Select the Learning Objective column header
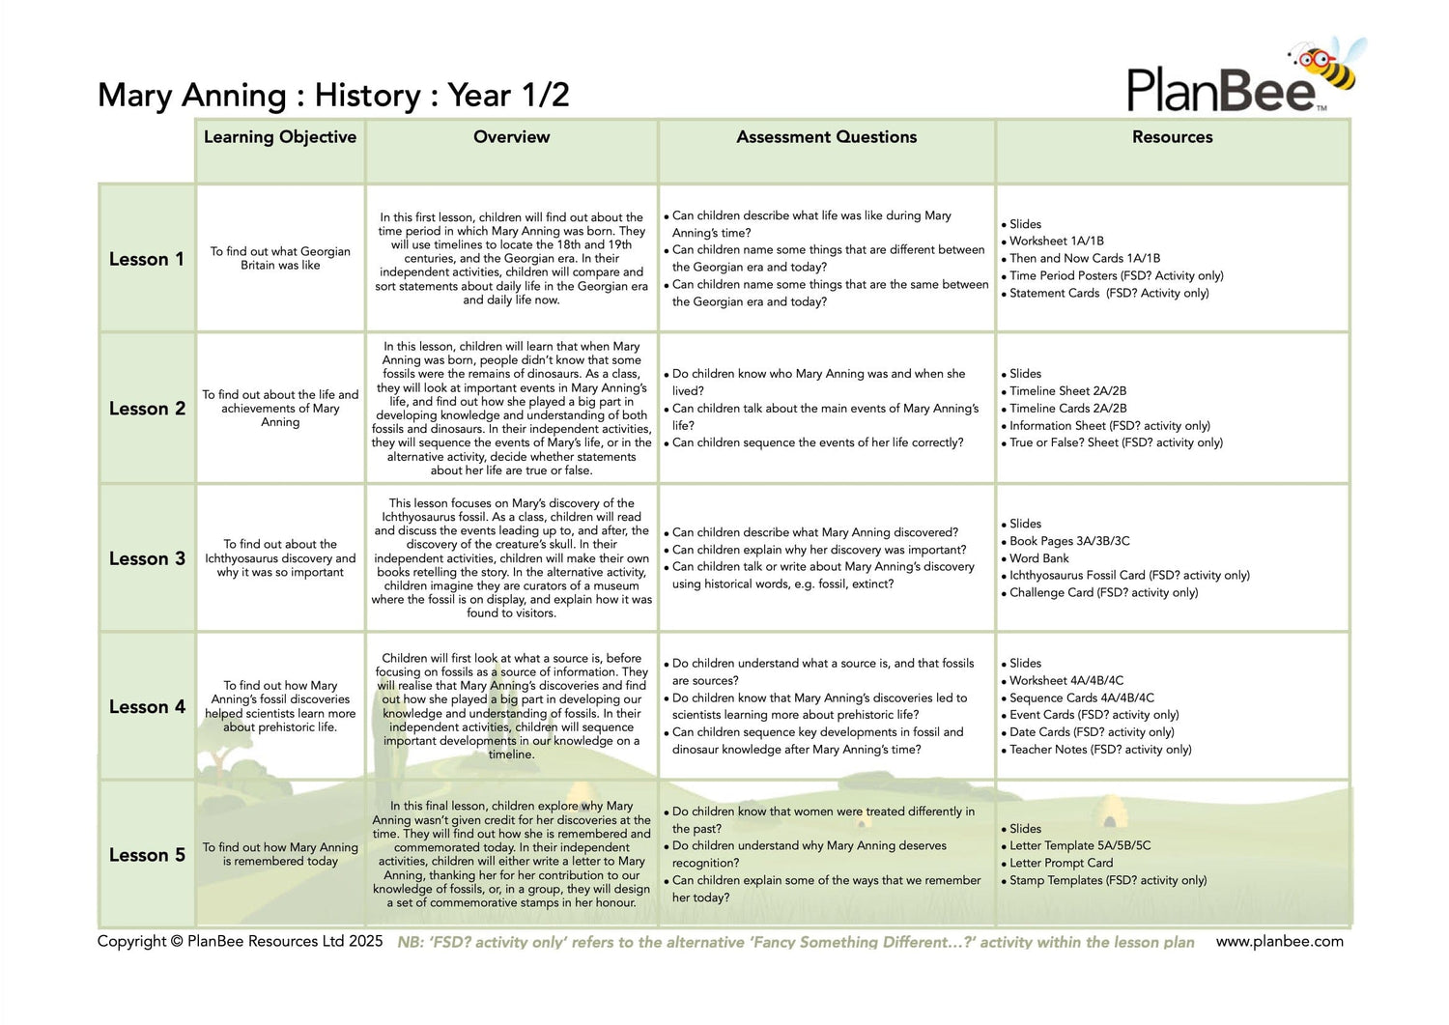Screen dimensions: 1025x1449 [280, 137]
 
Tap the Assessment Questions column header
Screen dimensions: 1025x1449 [826, 137]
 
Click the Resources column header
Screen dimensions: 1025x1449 [1172, 137]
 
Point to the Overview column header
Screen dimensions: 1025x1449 [511, 137]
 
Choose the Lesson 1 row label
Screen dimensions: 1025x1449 [146, 259]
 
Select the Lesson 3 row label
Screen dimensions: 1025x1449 [147, 558]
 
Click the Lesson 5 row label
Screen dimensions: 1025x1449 [147, 855]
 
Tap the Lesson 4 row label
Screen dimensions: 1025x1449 [147, 706]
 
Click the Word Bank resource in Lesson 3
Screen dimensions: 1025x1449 [1038, 558]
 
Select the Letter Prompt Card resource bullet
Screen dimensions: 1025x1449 [1061, 863]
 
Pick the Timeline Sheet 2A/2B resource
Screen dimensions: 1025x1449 [1067, 391]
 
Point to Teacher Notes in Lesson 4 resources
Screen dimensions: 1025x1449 [1099, 750]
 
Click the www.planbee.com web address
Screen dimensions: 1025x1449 [1279, 941]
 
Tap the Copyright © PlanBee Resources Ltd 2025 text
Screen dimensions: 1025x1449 [240, 941]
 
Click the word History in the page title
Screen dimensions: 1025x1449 [367, 96]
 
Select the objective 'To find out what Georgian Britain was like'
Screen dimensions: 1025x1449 [280, 258]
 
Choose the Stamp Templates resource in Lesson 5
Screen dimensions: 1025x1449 [1107, 880]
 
